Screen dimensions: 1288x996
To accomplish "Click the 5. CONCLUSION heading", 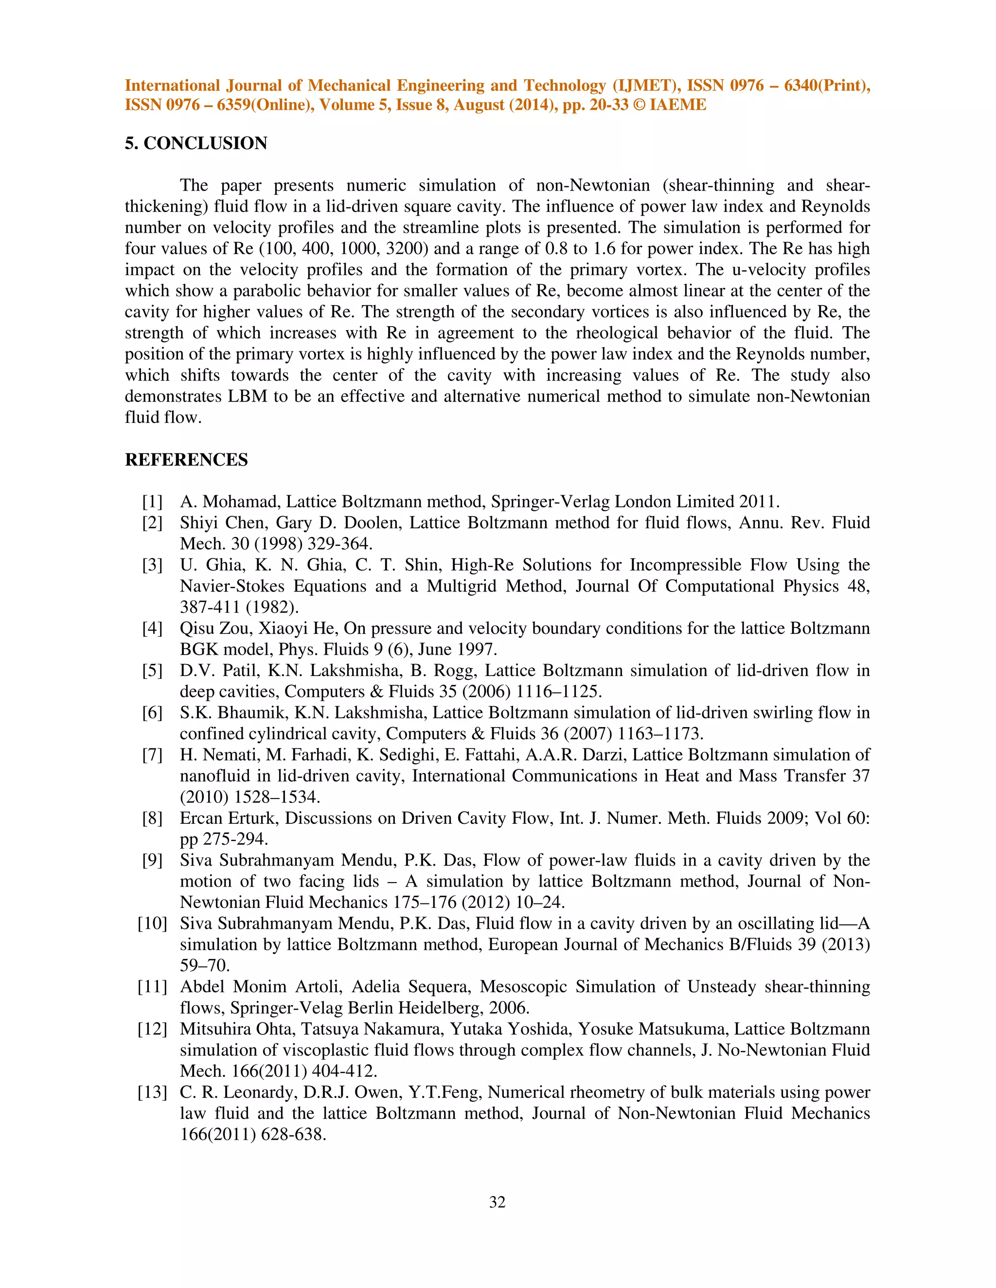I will [196, 143].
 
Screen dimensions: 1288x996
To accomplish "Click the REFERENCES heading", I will [186, 460].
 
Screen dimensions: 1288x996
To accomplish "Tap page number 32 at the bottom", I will [498, 1202].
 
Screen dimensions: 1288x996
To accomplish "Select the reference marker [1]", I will [152, 502].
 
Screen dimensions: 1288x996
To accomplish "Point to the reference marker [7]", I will [152, 755].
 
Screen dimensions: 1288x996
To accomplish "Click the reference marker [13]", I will [152, 1092].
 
